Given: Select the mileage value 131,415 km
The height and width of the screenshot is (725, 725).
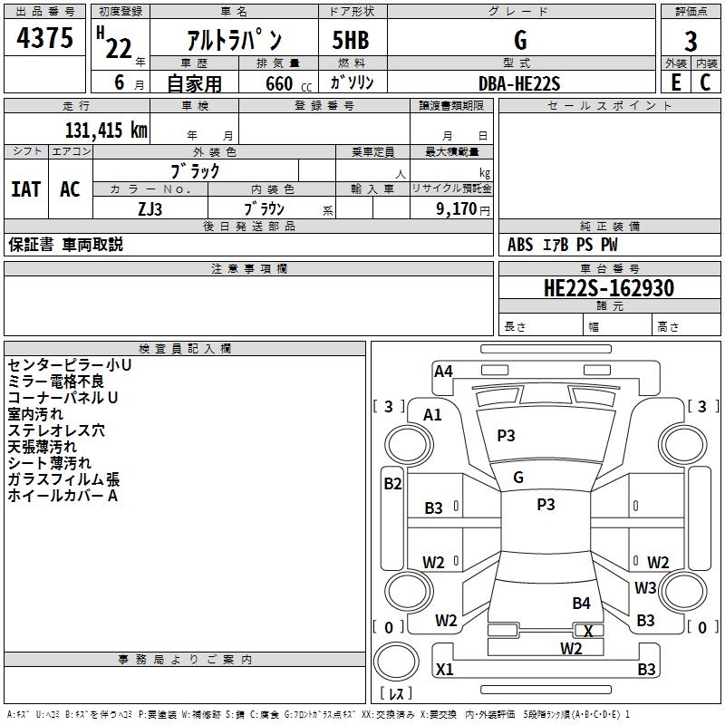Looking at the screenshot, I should (106, 130).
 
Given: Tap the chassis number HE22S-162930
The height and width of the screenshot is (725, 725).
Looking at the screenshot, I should (608, 288).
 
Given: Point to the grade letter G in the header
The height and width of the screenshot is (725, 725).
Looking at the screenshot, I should (519, 41).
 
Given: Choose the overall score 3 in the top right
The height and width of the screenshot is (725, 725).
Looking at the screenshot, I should (691, 41).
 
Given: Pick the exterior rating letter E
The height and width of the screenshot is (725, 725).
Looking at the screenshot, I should (675, 82).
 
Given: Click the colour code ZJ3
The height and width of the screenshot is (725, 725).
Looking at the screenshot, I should (150, 208).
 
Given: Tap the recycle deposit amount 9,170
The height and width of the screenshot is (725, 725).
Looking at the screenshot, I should (456, 208).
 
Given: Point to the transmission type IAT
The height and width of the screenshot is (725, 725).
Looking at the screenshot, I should (25, 189).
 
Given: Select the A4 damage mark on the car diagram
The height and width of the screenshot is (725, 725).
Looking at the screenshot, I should (443, 371).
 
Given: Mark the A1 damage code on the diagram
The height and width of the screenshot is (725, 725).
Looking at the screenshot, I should (432, 415).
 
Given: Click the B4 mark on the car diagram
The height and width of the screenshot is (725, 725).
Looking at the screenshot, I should (581, 603).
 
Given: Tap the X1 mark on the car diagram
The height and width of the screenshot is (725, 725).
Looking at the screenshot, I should (444, 670).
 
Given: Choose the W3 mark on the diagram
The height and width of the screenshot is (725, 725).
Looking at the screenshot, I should (645, 587).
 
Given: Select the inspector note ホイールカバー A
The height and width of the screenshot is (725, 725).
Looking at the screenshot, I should (63, 496).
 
